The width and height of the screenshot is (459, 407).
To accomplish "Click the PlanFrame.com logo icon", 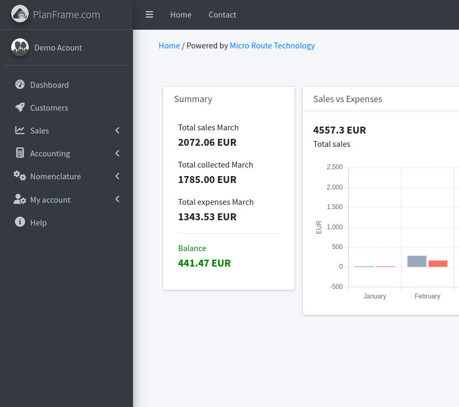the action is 20,14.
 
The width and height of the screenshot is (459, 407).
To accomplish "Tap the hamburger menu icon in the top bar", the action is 149,15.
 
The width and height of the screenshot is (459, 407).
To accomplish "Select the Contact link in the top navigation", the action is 222,15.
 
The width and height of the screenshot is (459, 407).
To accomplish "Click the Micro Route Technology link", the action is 272,46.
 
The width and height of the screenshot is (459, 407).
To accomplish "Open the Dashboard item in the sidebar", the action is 49,85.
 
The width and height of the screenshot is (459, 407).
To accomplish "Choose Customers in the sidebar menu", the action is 49,108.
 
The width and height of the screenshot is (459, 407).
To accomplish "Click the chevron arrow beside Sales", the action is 118,130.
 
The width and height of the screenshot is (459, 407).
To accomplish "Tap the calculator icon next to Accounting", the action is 20,153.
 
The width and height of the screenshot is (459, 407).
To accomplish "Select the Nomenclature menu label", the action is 56,176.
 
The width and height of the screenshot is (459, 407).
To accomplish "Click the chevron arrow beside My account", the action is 118,199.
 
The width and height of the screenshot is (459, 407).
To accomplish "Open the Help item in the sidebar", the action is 38,222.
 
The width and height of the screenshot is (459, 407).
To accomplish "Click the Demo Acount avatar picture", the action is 20,47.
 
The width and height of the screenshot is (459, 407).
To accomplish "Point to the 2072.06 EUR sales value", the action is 207,142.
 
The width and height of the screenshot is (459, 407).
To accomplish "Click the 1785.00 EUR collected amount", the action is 207,179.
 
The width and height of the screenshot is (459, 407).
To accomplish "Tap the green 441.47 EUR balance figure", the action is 204,263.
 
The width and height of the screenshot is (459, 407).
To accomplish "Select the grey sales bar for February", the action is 417,261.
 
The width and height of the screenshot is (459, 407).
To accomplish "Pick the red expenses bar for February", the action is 438,263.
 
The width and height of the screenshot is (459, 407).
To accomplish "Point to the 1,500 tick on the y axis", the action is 335,207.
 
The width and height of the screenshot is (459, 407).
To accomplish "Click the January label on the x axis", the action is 374,296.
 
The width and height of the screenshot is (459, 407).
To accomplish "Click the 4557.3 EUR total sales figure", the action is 339,130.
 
